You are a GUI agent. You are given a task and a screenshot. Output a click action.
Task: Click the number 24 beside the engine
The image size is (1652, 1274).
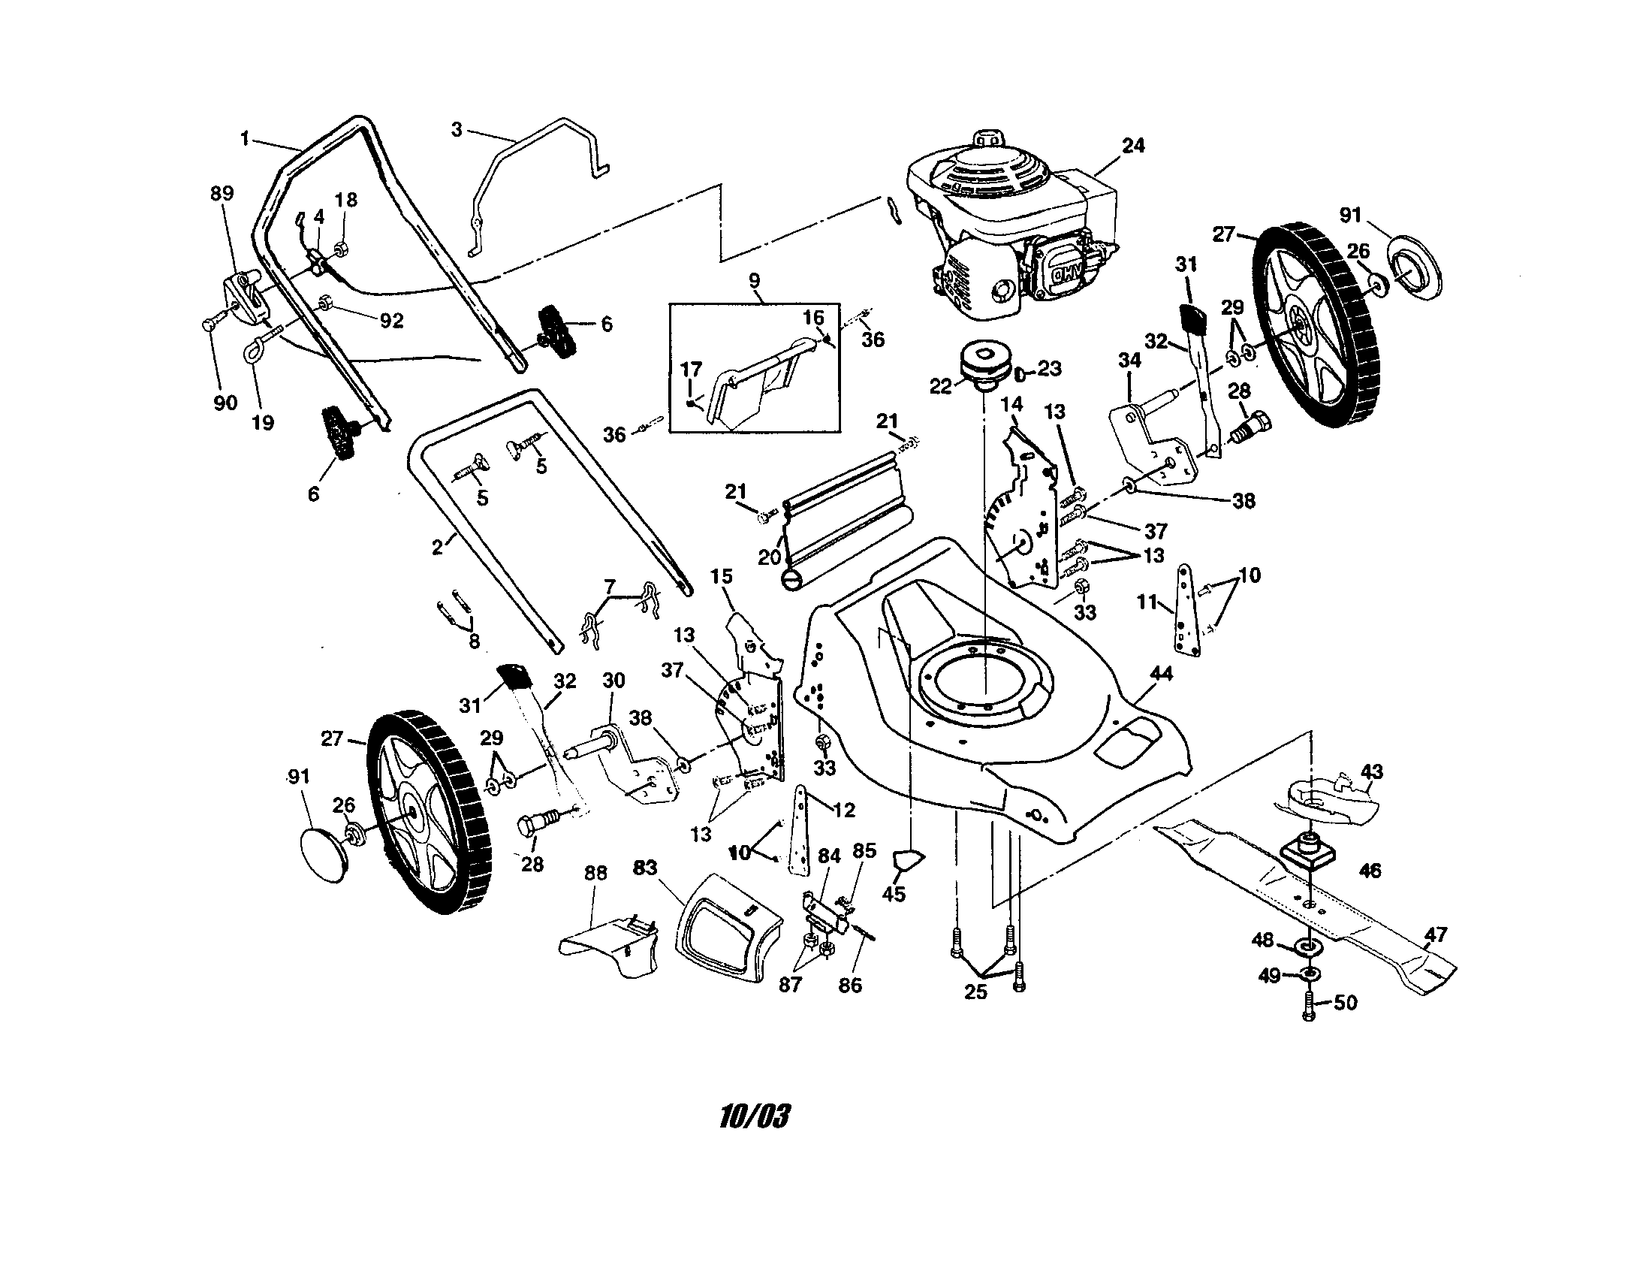pos(1132,145)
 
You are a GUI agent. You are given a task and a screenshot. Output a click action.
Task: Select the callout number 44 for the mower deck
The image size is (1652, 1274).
pos(1161,673)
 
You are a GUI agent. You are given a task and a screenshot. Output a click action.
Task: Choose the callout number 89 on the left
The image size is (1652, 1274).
pos(222,193)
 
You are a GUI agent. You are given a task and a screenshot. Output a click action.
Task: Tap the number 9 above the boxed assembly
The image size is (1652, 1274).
pos(754,281)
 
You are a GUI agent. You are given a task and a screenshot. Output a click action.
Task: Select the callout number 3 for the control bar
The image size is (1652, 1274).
pos(456,129)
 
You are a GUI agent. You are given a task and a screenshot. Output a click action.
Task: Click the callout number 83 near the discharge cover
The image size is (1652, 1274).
pos(644,868)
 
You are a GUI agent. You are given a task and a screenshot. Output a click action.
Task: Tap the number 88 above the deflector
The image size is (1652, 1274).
pos(595,873)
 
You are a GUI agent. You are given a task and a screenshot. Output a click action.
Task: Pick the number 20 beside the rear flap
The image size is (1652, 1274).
pos(769,557)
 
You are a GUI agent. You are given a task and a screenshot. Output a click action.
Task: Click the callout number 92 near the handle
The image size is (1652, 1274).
pos(390,321)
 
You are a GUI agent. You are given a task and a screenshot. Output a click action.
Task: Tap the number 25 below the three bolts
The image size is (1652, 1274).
pos(975,992)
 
